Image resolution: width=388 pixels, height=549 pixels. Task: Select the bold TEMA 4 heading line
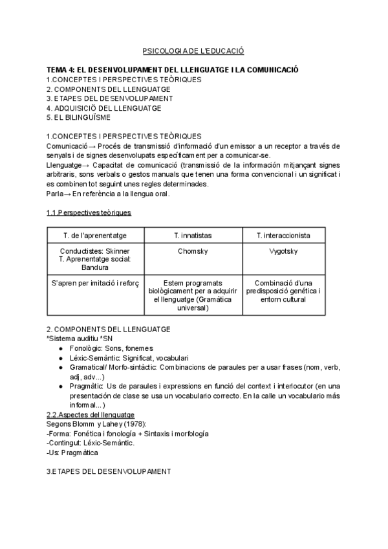[x=172, y=69]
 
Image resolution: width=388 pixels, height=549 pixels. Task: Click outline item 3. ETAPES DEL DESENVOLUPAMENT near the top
[x=109, y=98]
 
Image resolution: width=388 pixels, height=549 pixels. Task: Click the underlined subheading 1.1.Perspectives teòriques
[x=89, y=212]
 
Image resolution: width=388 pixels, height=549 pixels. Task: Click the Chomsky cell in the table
[x=193, y=251]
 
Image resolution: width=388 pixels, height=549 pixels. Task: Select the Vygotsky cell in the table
[x=283, y=251]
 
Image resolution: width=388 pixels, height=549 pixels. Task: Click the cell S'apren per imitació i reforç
[x=95, y=283]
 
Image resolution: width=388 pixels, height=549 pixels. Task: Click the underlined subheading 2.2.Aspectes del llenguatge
[x=91, y=414]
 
